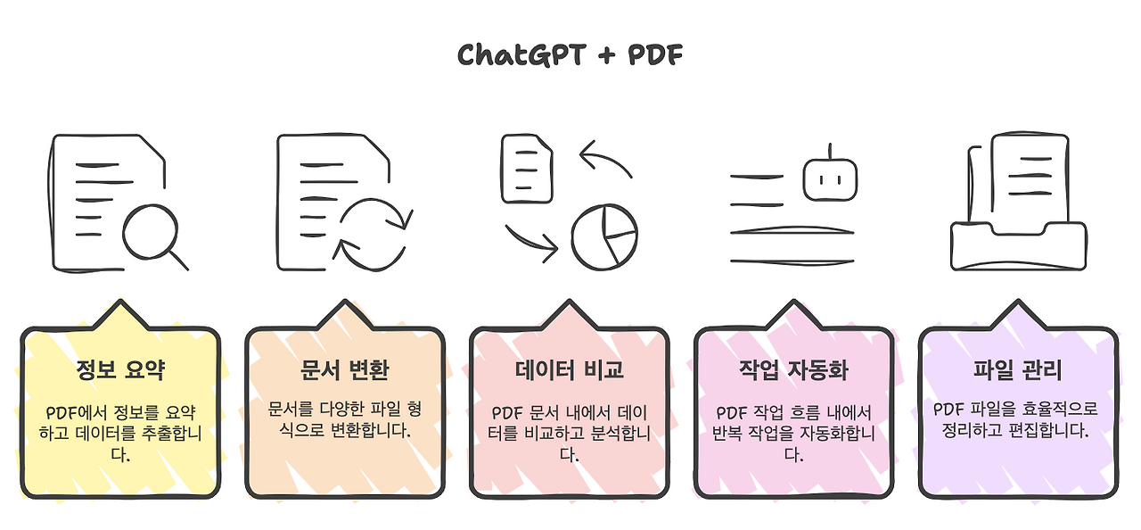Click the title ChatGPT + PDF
570,55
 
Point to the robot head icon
831,178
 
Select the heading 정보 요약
120,369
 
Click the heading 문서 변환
345,369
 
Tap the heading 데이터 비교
570,369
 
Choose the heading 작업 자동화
793,369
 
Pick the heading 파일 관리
1018,369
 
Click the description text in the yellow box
120,434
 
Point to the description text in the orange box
345,418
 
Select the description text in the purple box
1018,418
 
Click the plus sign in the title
606,56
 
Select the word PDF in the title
655,55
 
